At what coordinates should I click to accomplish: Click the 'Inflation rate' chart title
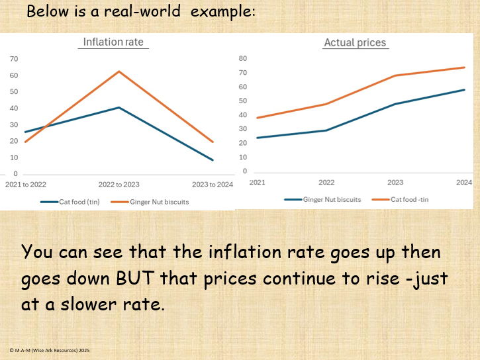coord(113,42)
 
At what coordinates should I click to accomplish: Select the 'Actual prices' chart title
coord(355,42)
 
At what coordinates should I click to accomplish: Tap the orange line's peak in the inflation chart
coord(119,71)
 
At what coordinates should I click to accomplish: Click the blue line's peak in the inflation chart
coord(119,107)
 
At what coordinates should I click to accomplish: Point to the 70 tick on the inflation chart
coord(13,59)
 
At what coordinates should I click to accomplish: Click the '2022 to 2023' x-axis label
coord(119,185)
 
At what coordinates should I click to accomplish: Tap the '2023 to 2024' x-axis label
coord(213,185)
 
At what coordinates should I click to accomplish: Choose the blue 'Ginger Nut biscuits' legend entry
coord(331,199)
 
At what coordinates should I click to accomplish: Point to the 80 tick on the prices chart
coord(242,58)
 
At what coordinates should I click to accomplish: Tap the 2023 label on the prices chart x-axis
coord(395,182)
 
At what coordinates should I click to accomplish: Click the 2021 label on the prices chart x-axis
coord(257,182)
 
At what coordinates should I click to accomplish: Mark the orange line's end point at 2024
coord(464,67)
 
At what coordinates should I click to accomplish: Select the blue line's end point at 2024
coord(464,90)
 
